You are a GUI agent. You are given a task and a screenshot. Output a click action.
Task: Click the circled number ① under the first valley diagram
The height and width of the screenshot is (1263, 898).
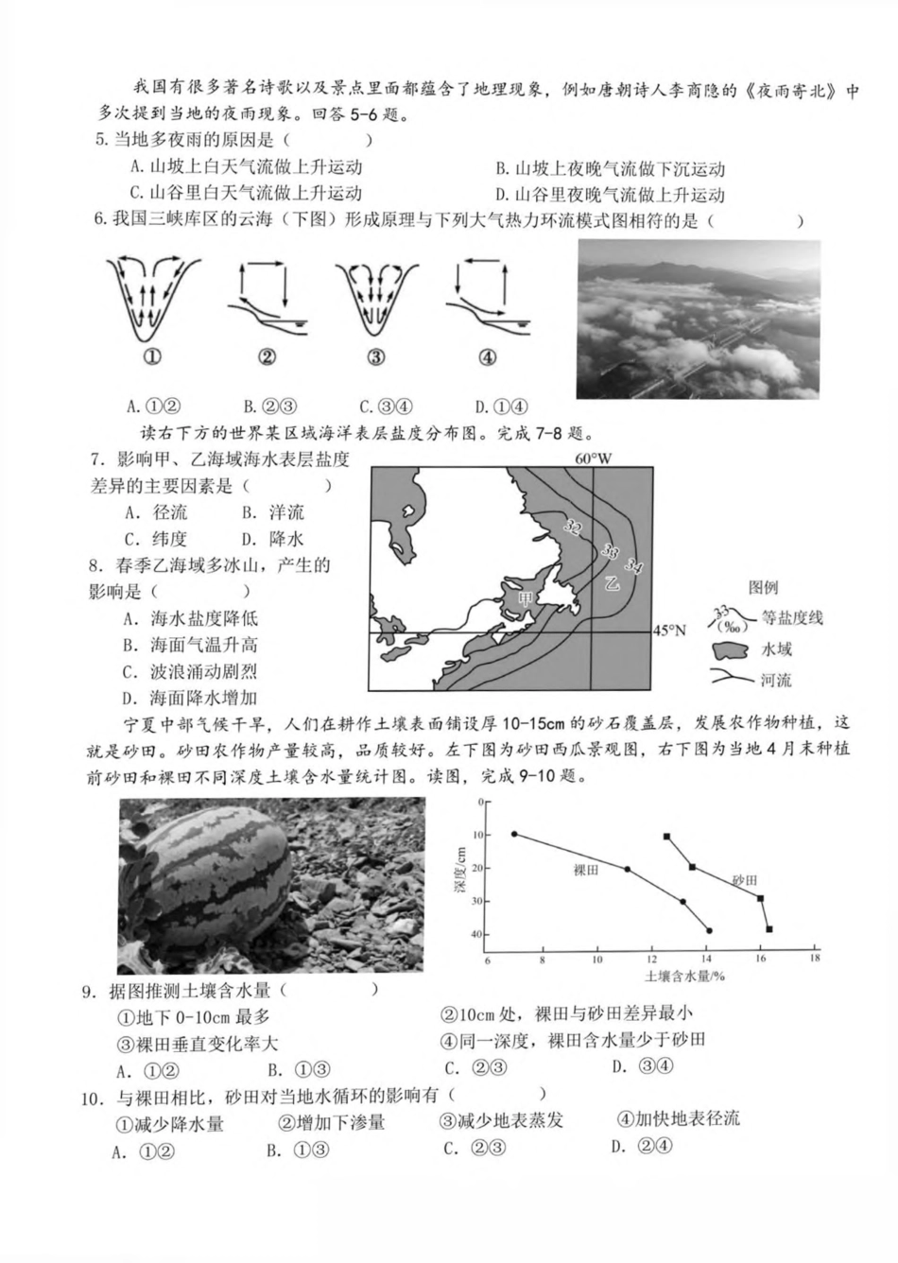150,356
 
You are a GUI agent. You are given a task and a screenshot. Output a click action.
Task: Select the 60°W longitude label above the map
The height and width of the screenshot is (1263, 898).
593,458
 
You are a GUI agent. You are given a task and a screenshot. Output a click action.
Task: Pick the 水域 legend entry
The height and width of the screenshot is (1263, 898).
776,649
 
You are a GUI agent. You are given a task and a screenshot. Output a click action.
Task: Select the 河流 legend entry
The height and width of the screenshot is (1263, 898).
776,680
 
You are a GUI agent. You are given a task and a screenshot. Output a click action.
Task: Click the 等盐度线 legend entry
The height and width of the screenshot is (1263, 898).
792,617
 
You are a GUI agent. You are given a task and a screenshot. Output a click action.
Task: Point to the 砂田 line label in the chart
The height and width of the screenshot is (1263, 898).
744,879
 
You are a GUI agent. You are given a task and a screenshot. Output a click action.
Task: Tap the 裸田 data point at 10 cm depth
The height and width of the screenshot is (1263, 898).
514,834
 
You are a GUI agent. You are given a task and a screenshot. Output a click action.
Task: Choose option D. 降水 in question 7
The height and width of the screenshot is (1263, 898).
272,539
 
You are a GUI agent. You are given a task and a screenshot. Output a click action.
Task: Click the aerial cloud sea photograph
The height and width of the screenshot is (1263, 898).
699,320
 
